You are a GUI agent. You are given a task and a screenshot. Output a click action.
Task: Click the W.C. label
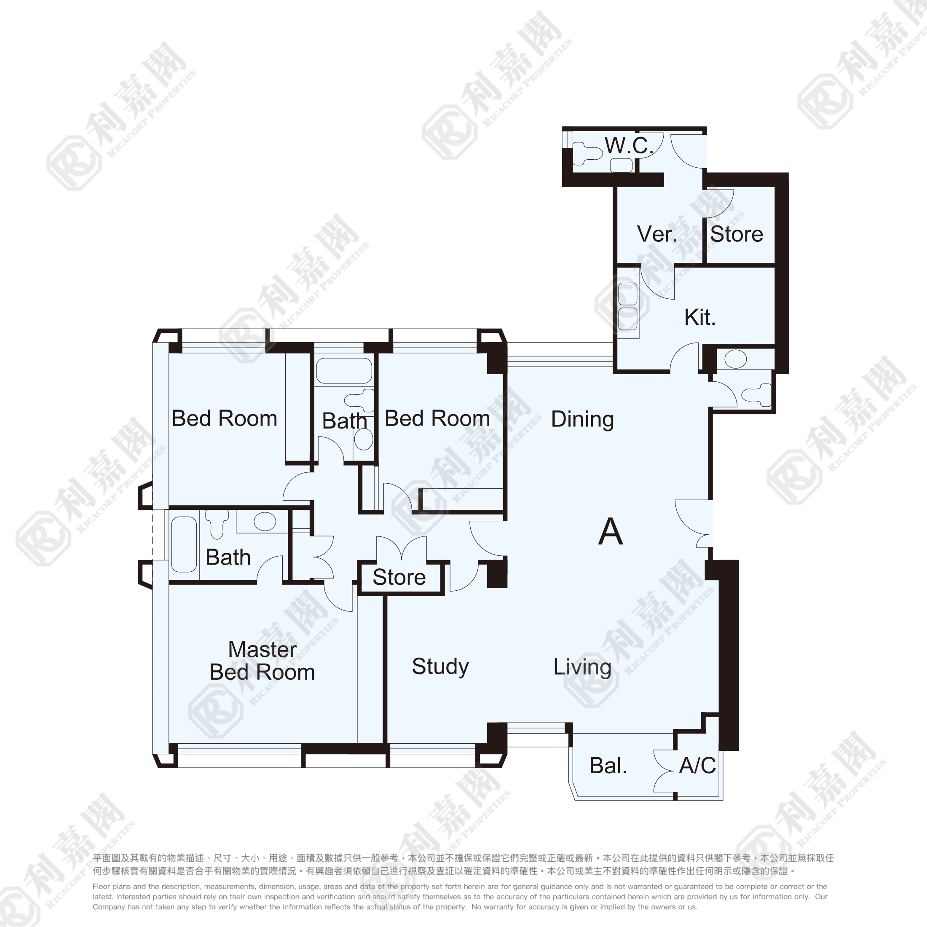pos(629,145)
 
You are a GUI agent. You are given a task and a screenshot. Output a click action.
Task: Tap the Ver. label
pos(657,234)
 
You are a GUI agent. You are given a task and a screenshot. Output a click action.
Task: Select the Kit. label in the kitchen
pos(700,317)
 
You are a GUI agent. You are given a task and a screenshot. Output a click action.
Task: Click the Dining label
pos(582,419)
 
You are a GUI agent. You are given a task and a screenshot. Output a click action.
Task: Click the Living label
pos(582,667)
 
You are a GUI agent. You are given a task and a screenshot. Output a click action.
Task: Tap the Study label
pos(440,667)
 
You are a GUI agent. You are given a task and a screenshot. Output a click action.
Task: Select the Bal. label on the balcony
pos(608,766)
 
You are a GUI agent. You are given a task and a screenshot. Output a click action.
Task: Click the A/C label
pos(697,766)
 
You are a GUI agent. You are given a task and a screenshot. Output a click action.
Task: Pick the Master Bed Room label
pos(263,661)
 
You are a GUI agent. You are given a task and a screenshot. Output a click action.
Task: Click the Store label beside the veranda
pos(737,234)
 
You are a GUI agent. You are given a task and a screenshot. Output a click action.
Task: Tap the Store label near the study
pos(399,577)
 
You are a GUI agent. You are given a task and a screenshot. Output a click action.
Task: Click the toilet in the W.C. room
pos(587,152)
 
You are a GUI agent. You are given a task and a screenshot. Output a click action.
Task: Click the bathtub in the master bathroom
pos(184,544)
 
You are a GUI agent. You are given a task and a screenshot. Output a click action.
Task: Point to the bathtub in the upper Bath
pos(344,370)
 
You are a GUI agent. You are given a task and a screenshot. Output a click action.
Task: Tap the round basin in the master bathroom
pos(265,521)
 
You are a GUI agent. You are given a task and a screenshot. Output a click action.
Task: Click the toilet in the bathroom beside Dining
pos(757,394)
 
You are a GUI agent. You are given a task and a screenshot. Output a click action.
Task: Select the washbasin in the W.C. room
pos(622,165)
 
